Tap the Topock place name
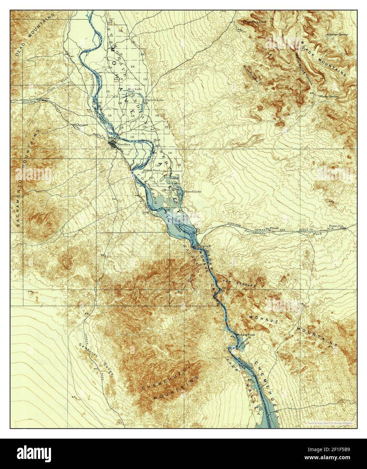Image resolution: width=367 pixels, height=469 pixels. (x=205, y=246)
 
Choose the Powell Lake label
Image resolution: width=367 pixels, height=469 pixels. (x=189, y=191)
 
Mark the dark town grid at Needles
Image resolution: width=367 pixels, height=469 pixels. (x=113, y=144)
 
